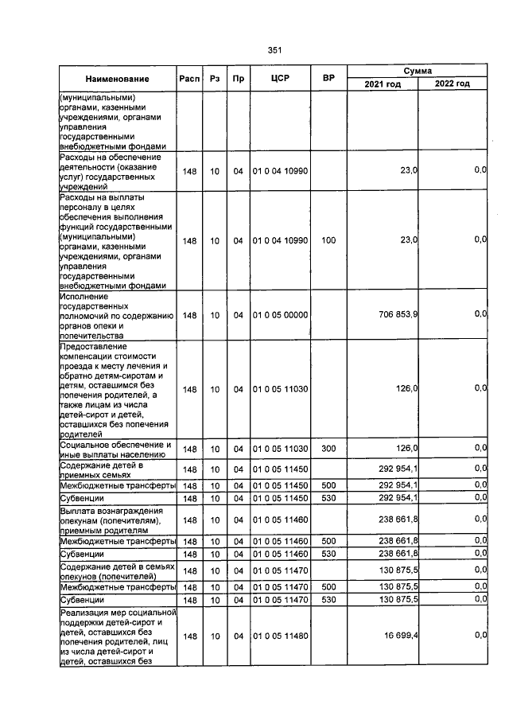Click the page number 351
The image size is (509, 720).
274,50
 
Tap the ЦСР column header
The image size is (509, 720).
278,79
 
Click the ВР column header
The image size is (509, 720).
328,79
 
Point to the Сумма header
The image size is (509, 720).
418,71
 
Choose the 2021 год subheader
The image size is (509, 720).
382,84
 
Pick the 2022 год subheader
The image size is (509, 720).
452,84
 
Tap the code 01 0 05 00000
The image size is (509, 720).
279,315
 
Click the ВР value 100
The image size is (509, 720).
328,239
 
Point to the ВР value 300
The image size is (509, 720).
328,449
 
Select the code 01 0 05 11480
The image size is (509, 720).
279,636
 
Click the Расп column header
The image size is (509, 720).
189,79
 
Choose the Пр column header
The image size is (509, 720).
237,79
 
